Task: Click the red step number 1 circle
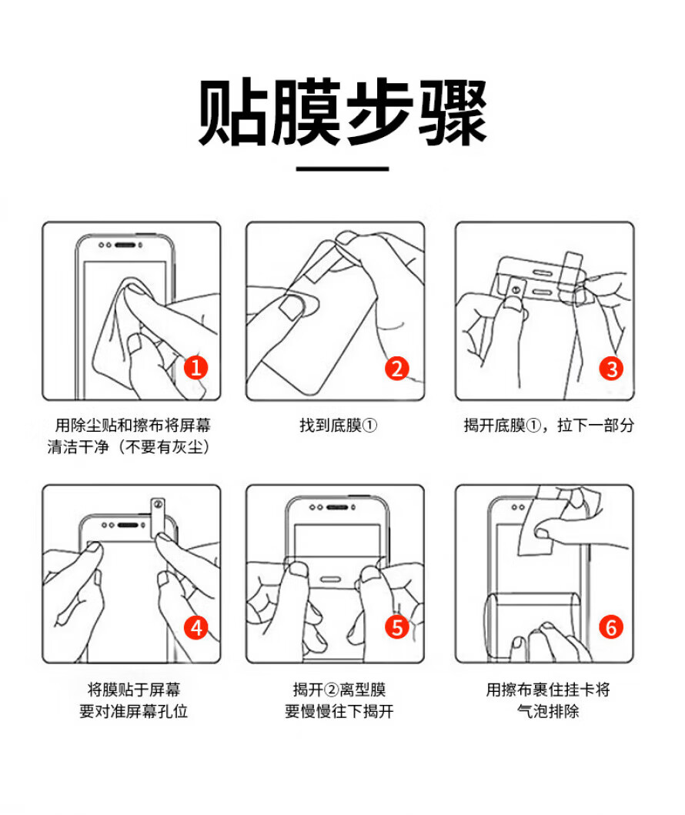point(196,367)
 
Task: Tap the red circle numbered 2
point(397,369)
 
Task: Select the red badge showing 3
point(611,369)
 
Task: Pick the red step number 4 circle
point(196,628)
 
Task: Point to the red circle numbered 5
point(397,627)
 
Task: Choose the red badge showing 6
point(611,627)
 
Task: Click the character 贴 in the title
point(233,112)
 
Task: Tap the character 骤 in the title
point(453,112)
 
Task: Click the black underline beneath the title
point(342,169)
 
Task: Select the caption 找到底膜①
point(339,426)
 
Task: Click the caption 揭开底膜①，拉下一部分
point(549,426)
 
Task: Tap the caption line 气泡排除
point(548,711)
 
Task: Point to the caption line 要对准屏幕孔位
point(134,711)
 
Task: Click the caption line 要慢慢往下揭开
point(339,711)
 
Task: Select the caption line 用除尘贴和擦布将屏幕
point(133,426)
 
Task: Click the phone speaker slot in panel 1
point(125,245)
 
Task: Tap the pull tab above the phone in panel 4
point(158,517)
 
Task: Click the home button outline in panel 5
point(330,579)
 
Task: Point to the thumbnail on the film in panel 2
point(290,306)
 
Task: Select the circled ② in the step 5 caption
point(331,690)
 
